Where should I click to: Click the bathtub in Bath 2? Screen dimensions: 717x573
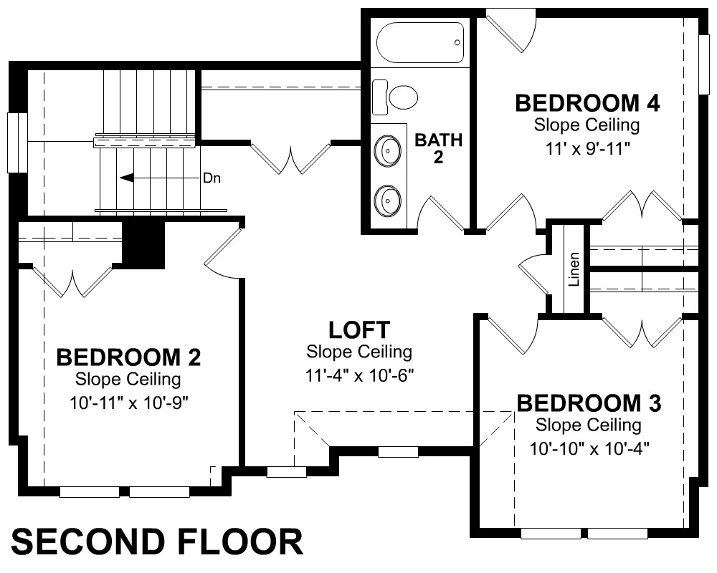tap(419, 42)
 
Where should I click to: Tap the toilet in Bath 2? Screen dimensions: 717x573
tap(395, 97)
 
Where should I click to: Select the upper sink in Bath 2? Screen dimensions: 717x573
tap(388, 150)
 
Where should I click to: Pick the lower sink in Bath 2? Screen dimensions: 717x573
tap(388, 200)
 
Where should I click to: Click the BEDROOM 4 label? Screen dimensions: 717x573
tap(587, 103)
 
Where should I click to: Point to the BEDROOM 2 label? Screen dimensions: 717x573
tap(128, 357)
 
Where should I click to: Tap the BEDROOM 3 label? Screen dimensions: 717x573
tap(589, 403)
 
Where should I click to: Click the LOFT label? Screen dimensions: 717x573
tap(359, 330)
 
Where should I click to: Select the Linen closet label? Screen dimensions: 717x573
tap(574, 269)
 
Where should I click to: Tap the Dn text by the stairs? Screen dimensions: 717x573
tap(212, 178)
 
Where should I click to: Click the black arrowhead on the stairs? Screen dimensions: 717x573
tap(127, 178)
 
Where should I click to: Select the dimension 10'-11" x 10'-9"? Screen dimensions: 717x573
tap(129, 403)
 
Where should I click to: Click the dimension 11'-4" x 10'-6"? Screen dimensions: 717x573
tap(359, 375)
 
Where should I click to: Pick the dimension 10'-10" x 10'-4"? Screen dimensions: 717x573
tap(589, 448)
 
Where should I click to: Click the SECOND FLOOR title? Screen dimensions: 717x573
tap(157, 542)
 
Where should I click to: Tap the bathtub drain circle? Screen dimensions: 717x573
tap(457, 42)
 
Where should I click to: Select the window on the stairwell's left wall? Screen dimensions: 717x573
tap(17, 142)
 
